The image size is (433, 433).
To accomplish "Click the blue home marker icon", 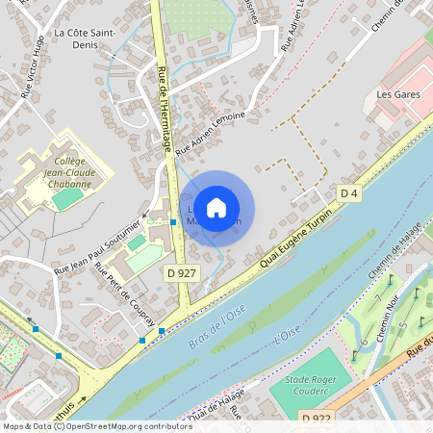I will pos(216,207).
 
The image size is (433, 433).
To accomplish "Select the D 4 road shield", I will pos(349,194).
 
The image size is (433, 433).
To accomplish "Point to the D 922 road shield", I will pos(316,419).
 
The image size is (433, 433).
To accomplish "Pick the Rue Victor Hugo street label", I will pos(35,68).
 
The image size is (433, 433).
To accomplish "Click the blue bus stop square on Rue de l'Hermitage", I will pos(173,221).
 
